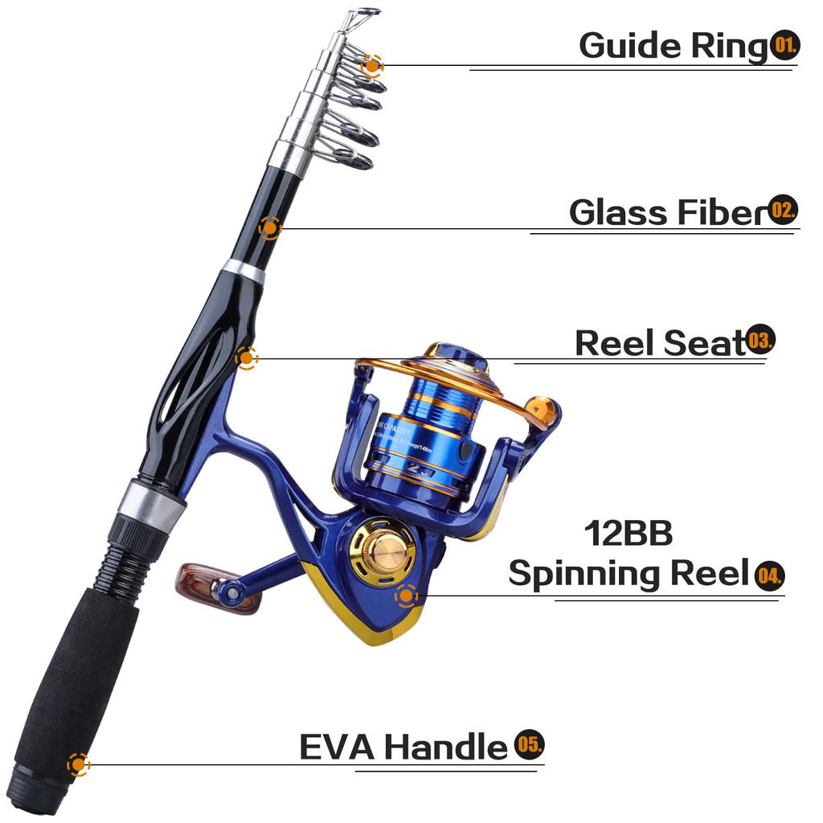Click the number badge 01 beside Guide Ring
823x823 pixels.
tap(785, 44)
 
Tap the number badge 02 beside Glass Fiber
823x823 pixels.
tap(783, 211)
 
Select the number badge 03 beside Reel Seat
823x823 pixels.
tap(760, 341)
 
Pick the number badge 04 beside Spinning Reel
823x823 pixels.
tap(769, 575)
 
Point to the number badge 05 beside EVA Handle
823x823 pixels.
tap(530, 745)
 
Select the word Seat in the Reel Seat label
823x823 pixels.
tap(705, 343)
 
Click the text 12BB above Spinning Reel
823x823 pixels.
tap(628, 533)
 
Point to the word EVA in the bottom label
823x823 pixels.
tap(337, 747)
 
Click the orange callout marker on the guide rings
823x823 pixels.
tap(371, 65)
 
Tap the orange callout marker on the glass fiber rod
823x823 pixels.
tap(269, 228)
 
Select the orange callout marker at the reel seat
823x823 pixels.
tap(247, 358)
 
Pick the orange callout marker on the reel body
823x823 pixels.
tap(406, 596)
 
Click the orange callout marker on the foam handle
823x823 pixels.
tap(78, 764)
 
